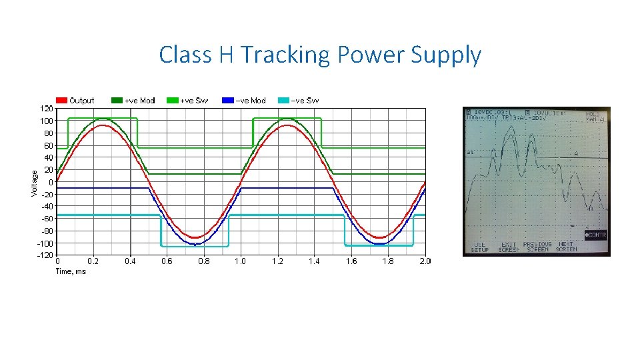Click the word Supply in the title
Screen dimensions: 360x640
click(x=445, y=55)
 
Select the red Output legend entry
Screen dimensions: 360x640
click(x=75, y=101)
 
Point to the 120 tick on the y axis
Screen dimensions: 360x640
click(x=47, y=108)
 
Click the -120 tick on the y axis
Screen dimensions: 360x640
click(x=45, y=255)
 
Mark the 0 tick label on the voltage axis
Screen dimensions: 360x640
click(x=51, y=182)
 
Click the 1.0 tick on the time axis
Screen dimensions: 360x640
click(x=240, y=261)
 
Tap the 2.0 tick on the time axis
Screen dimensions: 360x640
click(x=425, y=261)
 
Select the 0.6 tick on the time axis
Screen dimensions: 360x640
click(x=167, y=261)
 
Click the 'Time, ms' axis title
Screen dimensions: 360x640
click(x=71, y=271)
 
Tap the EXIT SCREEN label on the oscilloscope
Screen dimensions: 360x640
click(x=509, y=247)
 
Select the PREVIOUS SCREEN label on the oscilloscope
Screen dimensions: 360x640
click(x=537, y=247)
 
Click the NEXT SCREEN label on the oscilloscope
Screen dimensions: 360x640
click(x=566, y=247)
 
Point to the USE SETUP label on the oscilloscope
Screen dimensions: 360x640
click(x=480, y=247)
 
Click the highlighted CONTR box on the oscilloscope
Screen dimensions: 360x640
click(x=595, y=235)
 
